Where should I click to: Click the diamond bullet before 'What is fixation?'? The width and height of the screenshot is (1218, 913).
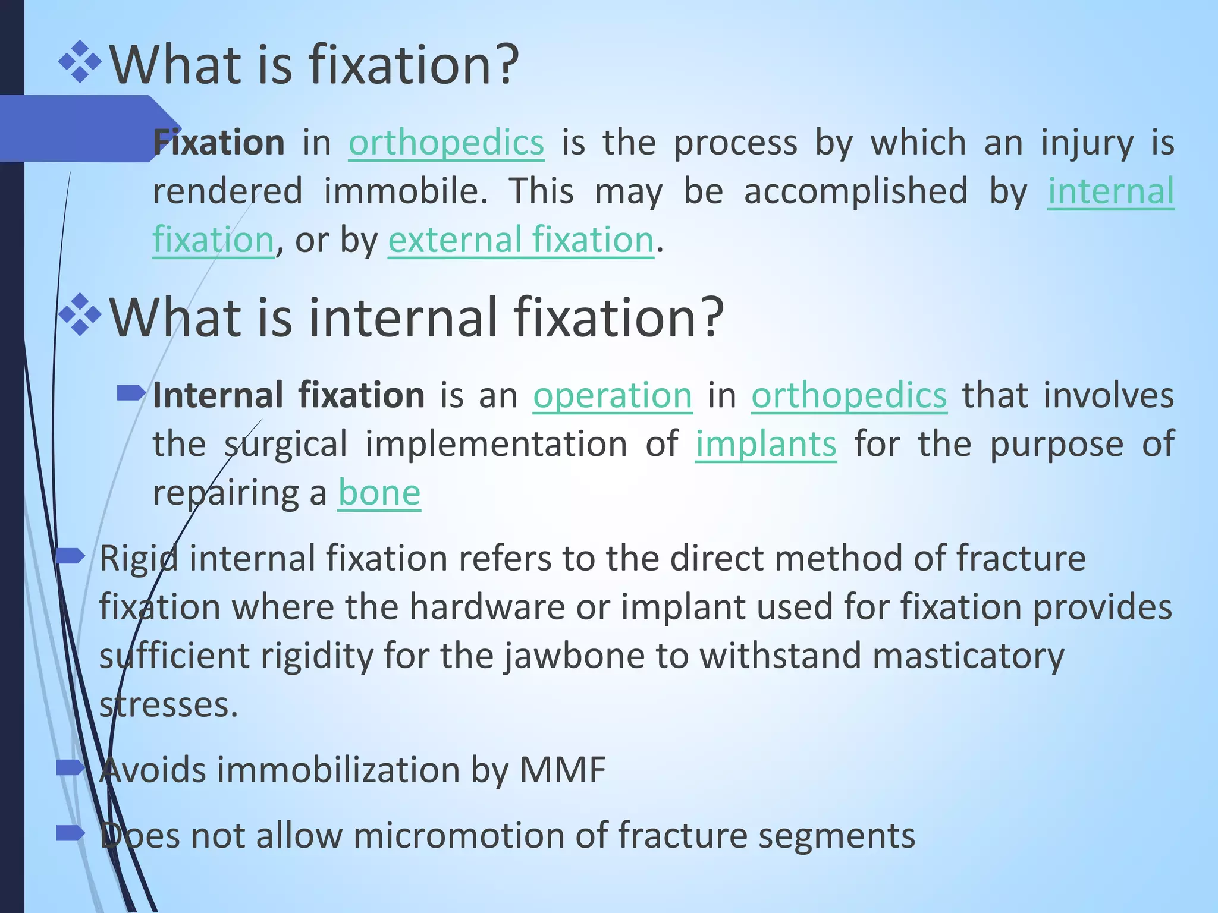click(80, 62)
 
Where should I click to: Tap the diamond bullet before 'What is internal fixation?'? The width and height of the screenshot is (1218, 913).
click(80, 314)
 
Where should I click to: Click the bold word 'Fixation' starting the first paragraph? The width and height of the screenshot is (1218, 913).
click(219, 143)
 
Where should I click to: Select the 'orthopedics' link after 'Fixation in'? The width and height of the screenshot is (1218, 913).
click(446, 143)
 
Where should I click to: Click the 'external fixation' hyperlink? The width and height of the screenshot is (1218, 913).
click(520, 240)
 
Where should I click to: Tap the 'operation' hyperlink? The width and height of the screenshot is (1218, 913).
click(613, 395)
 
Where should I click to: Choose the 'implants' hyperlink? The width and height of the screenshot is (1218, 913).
click(766, 444)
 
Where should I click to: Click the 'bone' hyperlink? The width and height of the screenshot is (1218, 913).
click(379, 493)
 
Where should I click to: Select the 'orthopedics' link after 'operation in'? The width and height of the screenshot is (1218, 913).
click(849, 395)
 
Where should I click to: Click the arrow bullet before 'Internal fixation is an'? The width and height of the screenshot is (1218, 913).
click(131, 392)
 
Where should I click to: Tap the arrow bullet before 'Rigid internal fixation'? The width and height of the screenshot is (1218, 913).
click(71, 556)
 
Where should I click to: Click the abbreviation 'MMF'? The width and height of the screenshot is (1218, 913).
click(562, 770)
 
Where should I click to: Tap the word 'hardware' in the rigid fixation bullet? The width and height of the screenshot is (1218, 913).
click(486, 607)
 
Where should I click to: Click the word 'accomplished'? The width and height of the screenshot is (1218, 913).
click(856, 191)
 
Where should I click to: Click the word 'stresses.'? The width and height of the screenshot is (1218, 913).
click(168, 705)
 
